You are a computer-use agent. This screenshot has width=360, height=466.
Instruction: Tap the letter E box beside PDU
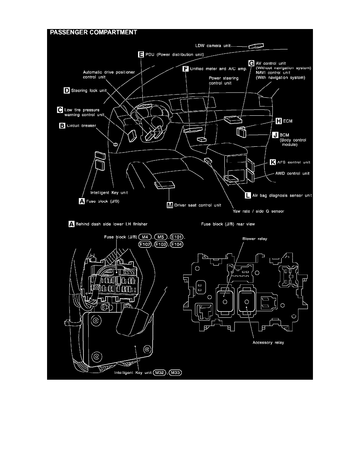coord(141,55)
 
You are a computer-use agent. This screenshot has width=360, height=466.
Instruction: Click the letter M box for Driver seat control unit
coord(169,205)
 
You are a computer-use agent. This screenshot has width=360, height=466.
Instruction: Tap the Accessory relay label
coord(268,342)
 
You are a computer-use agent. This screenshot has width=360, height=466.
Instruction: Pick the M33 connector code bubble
coord(175,373)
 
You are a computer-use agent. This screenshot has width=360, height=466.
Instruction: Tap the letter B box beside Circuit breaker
coord(62,126)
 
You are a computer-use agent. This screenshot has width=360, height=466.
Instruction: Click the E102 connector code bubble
coord(145,244)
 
